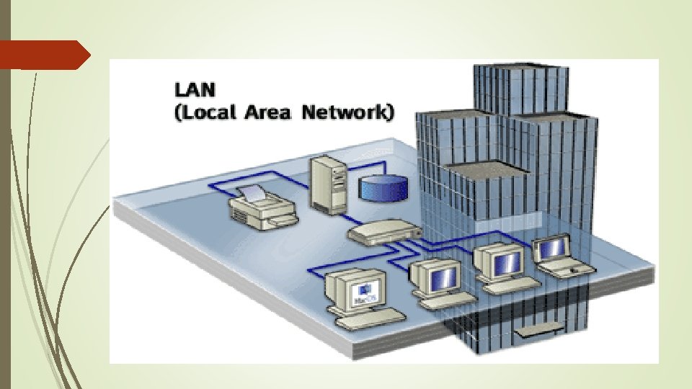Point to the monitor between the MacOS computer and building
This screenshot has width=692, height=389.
(x=437, y=277)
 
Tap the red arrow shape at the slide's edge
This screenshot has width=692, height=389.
(x=43, y=54)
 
